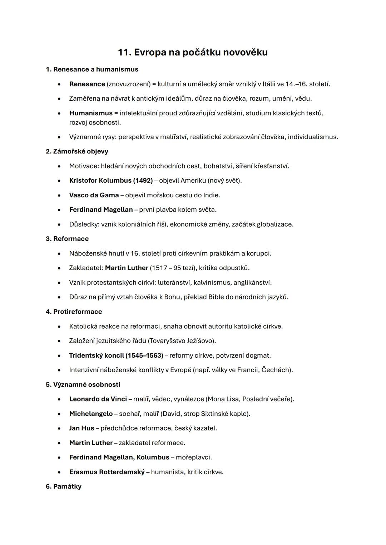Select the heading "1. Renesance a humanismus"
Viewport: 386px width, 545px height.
coord(92,69)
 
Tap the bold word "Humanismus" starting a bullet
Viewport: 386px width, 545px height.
coord(91,113)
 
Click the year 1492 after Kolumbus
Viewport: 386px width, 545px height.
coord(143,181)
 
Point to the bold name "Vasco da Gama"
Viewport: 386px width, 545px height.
coord(94,195)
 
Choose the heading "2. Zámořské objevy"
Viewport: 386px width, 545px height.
coord(77,151)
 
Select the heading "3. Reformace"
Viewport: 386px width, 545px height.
coord(67,239)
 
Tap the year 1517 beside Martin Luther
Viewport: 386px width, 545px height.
coord(159,268)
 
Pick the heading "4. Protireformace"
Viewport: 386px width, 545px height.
coord(74,312)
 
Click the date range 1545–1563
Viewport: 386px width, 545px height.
coord(144,355)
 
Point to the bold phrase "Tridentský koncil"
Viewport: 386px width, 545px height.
coord(96,355)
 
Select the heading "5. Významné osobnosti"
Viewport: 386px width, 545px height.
coord(83,384)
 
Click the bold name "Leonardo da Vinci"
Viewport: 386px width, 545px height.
coord(98,399)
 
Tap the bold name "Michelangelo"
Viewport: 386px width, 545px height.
coord(91,414)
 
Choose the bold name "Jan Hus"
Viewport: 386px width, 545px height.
coord(81,428)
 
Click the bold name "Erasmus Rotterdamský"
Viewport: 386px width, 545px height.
coord(107,472)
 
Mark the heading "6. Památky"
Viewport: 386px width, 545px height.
coord(64,486)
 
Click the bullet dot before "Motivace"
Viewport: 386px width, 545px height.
coord(59,166)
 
